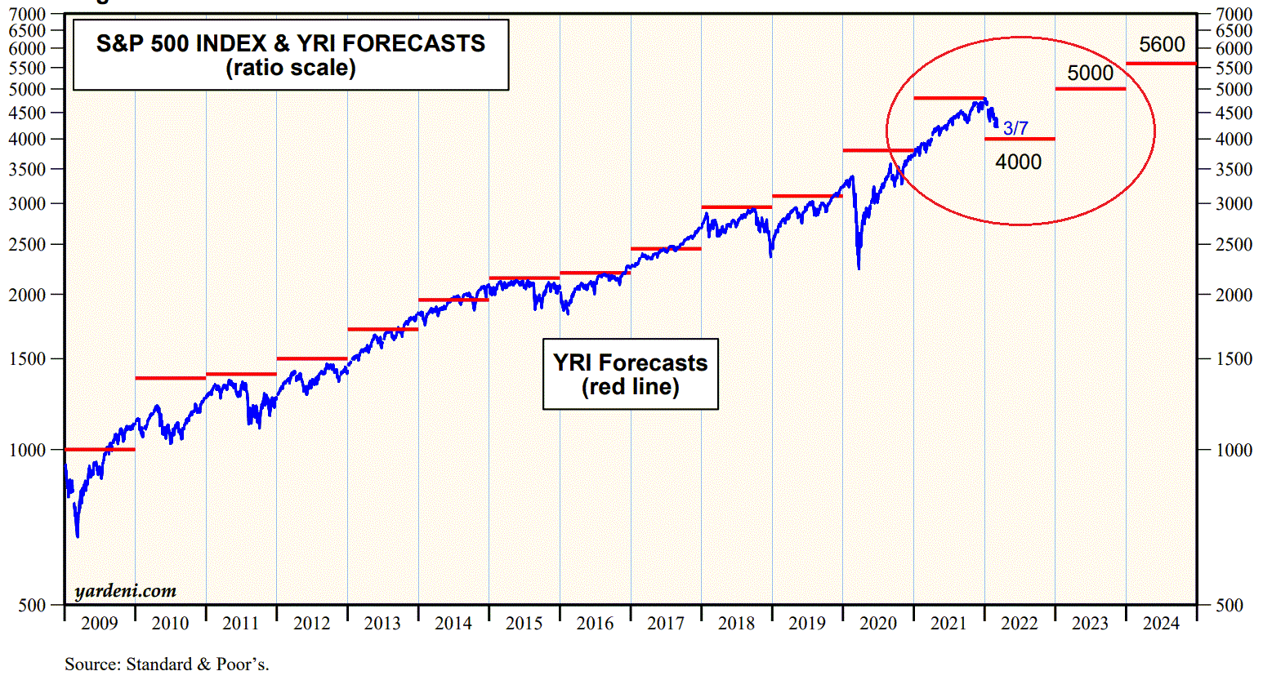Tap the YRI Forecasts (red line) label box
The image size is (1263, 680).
(630, 374)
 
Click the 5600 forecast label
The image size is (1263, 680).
(1162, 45)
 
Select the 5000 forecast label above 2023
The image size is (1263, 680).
(1090, 73)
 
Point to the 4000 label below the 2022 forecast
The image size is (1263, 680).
(1018, 162)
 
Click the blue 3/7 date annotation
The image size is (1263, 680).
(1015, 128)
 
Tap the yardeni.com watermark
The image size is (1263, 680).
(125, 591)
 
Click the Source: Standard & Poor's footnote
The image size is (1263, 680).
(167, 664)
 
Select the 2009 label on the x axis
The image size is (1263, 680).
(100, 624)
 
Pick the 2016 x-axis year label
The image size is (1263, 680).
(595, 624)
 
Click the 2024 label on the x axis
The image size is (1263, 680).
(1161, 624)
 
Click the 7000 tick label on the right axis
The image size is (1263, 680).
(1234, 14)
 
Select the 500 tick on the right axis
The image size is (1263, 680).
(1229, 605)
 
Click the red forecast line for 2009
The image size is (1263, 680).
(100, 449)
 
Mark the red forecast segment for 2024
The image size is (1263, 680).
(1161, 63)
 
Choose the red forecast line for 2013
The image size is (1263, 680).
(382, 329)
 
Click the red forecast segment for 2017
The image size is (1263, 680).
(666, 248)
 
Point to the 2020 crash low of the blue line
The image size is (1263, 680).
(859, 268)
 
